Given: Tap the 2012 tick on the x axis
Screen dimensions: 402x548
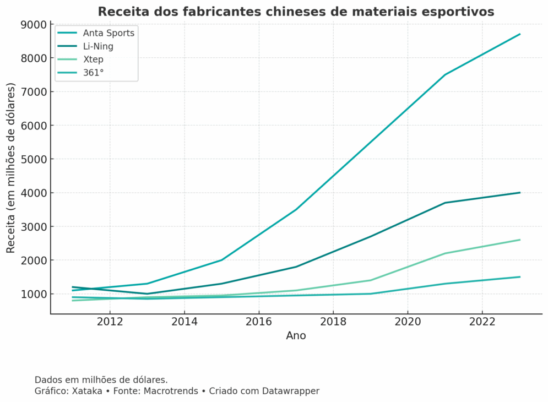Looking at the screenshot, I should tap(110, 322).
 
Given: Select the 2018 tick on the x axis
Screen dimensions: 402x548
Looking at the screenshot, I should tap(333, 322).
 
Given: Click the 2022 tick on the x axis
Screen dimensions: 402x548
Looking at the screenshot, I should tap(482, 322).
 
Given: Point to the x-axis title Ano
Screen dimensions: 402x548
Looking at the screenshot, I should tap(296, 335).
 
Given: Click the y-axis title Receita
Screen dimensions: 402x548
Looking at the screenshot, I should tap(11, 167).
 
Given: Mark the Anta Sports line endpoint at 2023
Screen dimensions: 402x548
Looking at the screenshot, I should tap(519, 34).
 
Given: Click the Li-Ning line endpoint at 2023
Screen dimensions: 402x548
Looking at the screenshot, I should tap(519, 193).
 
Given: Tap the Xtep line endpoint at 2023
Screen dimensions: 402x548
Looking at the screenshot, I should tap(519, 240).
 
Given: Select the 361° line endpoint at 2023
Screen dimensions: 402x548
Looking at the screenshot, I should tap(519, 277).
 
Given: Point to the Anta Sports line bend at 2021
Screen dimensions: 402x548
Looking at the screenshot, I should tap(445, 74).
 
